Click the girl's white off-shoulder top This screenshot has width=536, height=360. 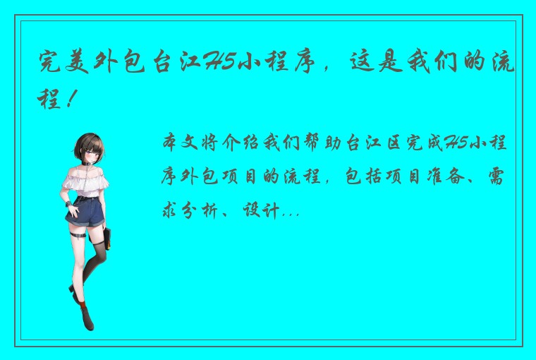pos(85,181)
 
